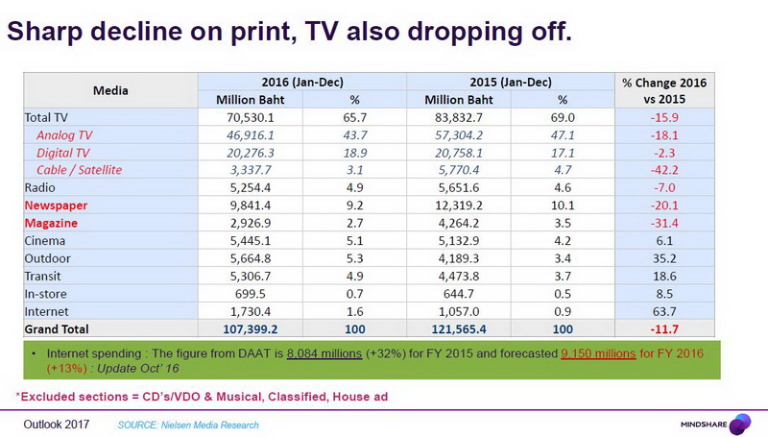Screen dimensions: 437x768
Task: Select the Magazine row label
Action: [x=51, y=223]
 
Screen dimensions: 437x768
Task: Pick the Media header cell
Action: [x=110, y=90]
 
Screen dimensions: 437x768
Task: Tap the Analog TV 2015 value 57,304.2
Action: [x=456, y=135]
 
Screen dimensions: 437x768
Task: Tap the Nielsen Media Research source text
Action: [x=188, y=424]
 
